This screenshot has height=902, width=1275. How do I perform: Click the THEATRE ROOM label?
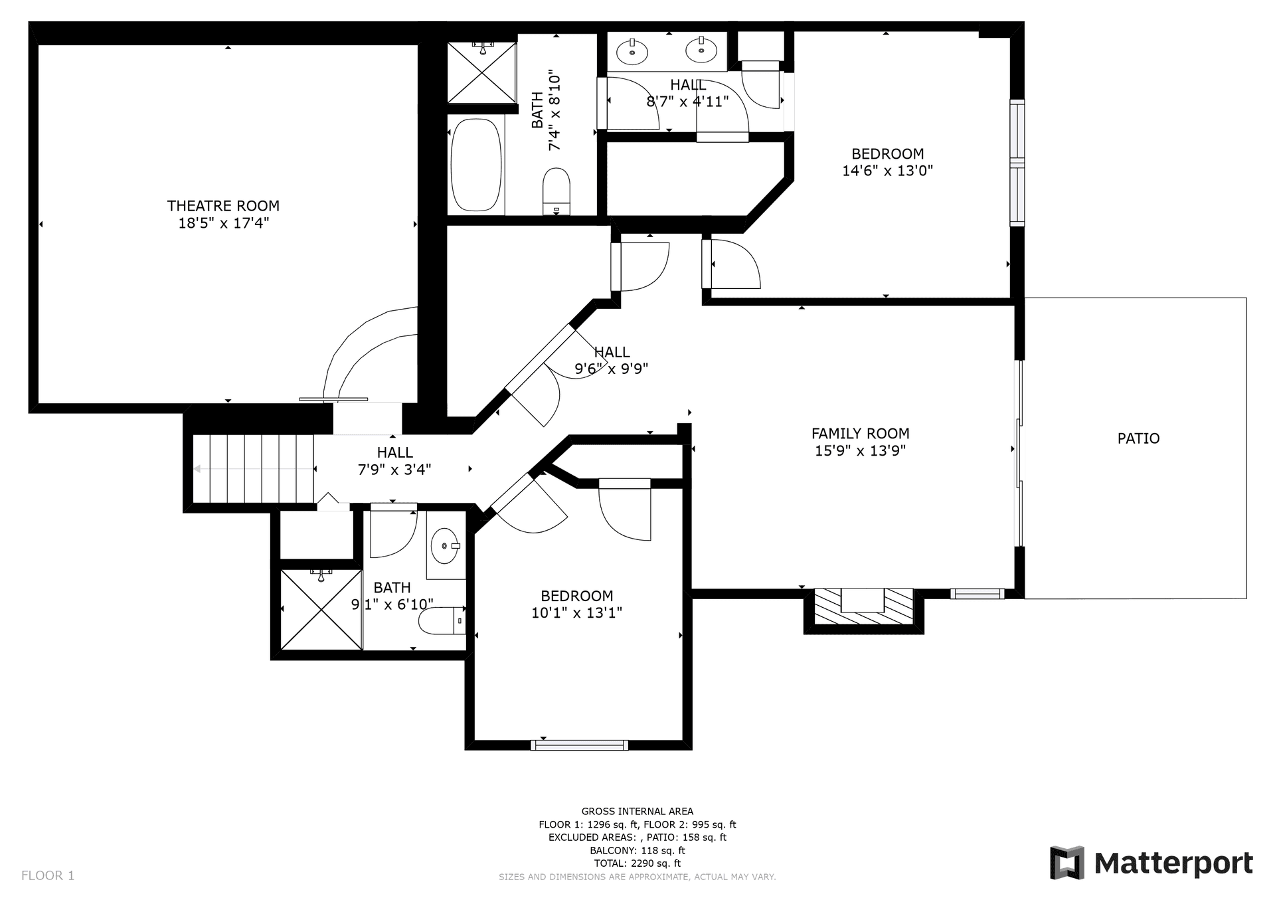point(223,206)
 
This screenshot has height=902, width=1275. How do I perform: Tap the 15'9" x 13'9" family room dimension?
point(860,451)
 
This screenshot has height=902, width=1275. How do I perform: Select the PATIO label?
point(1138,438)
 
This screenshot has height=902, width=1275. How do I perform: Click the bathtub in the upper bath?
point(475,165)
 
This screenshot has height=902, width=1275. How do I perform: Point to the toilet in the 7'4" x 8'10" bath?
point(556,191)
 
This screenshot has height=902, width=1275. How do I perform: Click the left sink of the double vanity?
point(632,51)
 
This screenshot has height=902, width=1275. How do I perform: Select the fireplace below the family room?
point(863,606)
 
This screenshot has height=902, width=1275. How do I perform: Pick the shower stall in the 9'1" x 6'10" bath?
point(321,609)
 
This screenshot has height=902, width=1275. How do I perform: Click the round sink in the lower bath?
point(444,546)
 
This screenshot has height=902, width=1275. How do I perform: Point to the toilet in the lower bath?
point(438,621)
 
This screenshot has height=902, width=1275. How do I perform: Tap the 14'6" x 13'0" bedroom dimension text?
point(887,171)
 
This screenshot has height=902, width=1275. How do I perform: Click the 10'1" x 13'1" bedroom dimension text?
point(576,613)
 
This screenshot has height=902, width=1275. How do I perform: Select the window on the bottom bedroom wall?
point(580,745)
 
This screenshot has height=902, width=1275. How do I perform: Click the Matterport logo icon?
point(1067,863)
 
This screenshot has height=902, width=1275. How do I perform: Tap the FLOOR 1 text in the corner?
point(48,875)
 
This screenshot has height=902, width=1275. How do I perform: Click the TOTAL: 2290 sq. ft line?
point(637,863)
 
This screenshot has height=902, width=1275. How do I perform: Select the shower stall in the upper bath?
point(481,73)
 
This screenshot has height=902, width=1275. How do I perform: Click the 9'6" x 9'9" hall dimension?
point(611,369)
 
